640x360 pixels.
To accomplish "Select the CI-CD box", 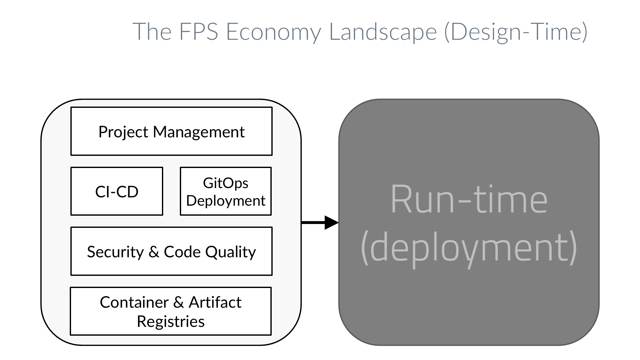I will coord(116,191).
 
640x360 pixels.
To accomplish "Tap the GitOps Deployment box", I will coord(226,191).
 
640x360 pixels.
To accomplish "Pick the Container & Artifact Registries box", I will coord(171,311).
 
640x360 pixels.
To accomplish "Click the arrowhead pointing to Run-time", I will coord(332,222).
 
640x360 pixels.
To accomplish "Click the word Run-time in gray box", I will coord(469,200).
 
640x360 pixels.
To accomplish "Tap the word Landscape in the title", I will coord(383,32).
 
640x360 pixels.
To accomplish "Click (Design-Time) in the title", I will coord(516,32).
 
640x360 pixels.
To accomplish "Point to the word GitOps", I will coord(226,183).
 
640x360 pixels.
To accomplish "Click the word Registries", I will coord(171,322).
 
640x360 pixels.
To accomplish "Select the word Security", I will coord(115,252).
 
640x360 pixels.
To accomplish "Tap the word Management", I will coord(199,132).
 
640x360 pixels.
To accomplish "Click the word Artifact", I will coord(215,302).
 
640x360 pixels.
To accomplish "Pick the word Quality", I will coord(230,252).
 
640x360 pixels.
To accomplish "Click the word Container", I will coord(134,302).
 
